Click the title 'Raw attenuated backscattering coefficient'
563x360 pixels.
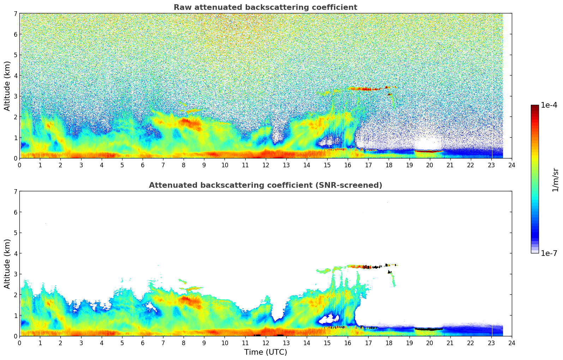click(265, 7)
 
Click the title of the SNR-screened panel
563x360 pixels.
click(265, 185)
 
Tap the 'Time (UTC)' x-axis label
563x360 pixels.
click(265, 352)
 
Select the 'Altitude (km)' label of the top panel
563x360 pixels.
click(7, 86)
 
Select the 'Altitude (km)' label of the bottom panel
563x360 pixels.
click(7, 264)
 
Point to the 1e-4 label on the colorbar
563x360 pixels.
click(549, 105)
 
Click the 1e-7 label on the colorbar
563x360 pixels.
click(549, 253)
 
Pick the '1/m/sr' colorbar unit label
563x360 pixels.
click(555, 180)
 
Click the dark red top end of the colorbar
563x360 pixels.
click(535, 107)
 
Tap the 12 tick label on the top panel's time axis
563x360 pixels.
click(265, 165)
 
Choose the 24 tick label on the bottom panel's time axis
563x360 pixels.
click(512, 343)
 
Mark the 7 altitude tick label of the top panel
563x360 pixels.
click(16, 14)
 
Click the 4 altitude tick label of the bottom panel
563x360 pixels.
click(16, 253)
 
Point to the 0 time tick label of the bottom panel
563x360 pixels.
click(19, 343)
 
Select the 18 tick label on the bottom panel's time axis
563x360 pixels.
click(389, 343)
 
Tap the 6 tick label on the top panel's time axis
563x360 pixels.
click(143, 165)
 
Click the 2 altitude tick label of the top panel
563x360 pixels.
click(16, 117)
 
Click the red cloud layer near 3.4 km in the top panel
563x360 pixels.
click(364, 89)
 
